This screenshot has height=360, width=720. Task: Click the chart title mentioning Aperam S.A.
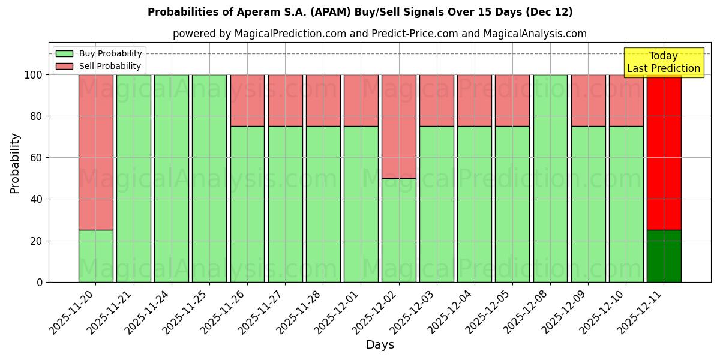(x=360, y=12)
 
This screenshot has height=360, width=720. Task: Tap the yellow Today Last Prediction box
(x=663, y=62)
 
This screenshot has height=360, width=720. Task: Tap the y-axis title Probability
(x=15, y=163)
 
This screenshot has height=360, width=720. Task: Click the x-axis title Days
(x=380, y=345)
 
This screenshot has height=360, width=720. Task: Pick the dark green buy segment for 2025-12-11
(x=664, y=256)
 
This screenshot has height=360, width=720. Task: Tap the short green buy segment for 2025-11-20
(x=95, y=256)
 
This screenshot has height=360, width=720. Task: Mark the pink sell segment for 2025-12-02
(x=398, y=126)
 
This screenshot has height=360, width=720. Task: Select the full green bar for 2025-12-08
(x=550, y=178)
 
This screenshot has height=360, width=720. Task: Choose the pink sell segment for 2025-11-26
(x=247, y=100)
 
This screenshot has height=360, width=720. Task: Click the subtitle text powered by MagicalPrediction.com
(x=379, y=34)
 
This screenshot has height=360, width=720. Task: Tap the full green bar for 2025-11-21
(x=133, y=178)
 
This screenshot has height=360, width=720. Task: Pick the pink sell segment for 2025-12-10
(x=626, y=100)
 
